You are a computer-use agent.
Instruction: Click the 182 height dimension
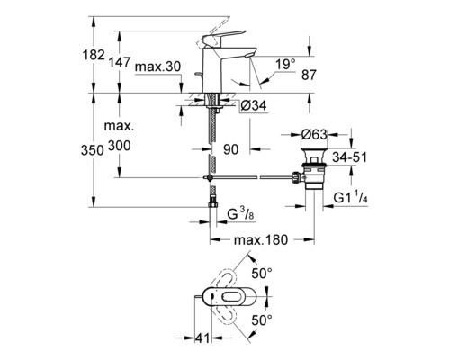coord(94,55)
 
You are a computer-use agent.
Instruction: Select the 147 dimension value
coord(120,62)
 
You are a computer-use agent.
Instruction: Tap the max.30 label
coord(157,67)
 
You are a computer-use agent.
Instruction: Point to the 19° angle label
coord(285,64)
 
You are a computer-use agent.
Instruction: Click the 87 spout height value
coord(309,75)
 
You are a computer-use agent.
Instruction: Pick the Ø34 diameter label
coord(254,105)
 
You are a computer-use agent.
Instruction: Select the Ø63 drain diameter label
coord(314,135)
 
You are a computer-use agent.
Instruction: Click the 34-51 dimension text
coord(350,157)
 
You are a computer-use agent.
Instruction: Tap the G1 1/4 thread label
coord(351,198)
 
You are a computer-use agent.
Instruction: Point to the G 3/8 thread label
coord(241,214)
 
